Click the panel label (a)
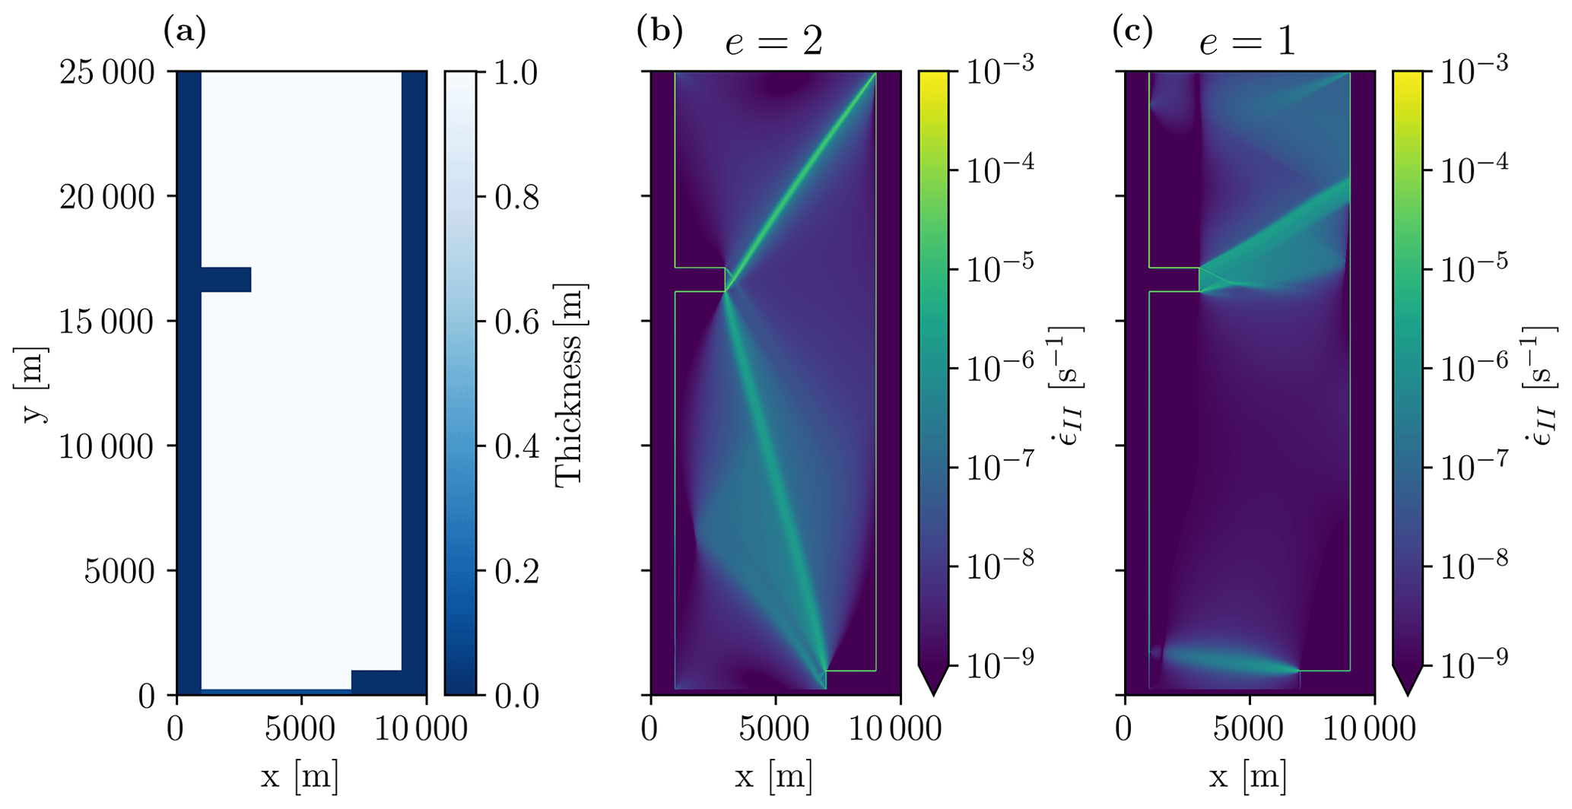[185, 32]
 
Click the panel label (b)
[659, 32]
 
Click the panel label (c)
[1132, 32]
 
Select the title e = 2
[773, 42]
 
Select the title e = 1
[1247, 42]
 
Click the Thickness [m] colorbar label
[570, 385]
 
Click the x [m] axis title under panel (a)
[300, 777]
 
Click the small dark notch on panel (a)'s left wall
[226, 280]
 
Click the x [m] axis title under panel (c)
[1248, 777]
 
